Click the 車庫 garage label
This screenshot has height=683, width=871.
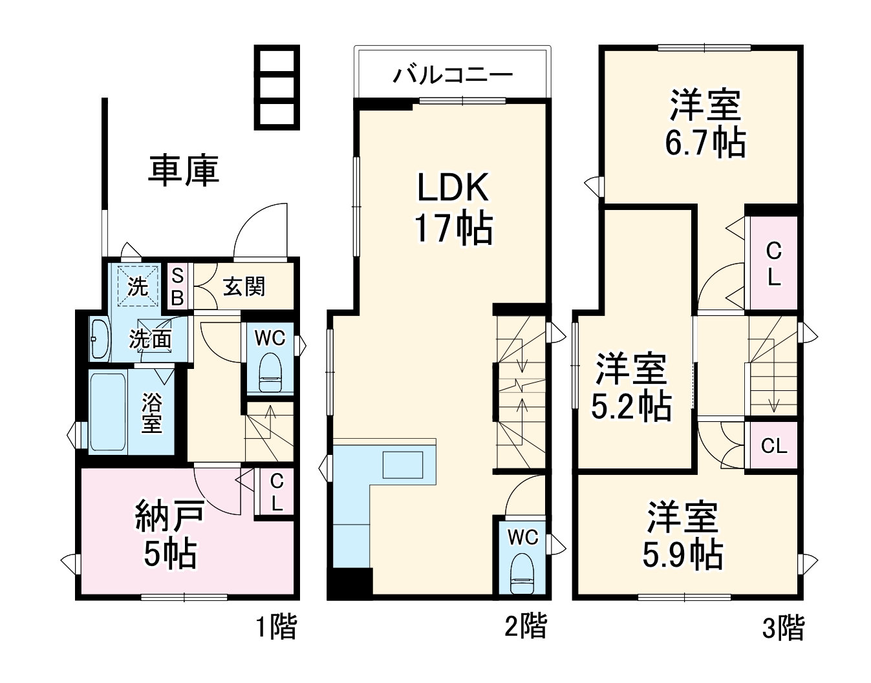pos(184,170)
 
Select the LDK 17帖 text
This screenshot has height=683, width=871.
pos(453,208)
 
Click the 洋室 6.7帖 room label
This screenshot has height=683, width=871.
pos(705,124)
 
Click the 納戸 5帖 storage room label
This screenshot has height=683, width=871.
pos(170,534)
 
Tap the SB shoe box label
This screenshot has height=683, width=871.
pos(177,287)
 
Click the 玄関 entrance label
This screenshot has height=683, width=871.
pos(244,286)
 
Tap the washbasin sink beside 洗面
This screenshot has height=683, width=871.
pos(99,339)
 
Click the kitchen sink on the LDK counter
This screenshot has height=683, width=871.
pos(402,465)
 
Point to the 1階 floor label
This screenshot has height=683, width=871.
pos(276,626)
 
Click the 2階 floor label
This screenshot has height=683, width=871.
pos(525,626)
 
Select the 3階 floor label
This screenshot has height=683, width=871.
pos(783,627)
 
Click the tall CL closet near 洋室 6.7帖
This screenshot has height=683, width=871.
pos(773,263)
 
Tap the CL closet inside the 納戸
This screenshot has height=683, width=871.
pos(277,492)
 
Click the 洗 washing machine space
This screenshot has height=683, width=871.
pos(138,284)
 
